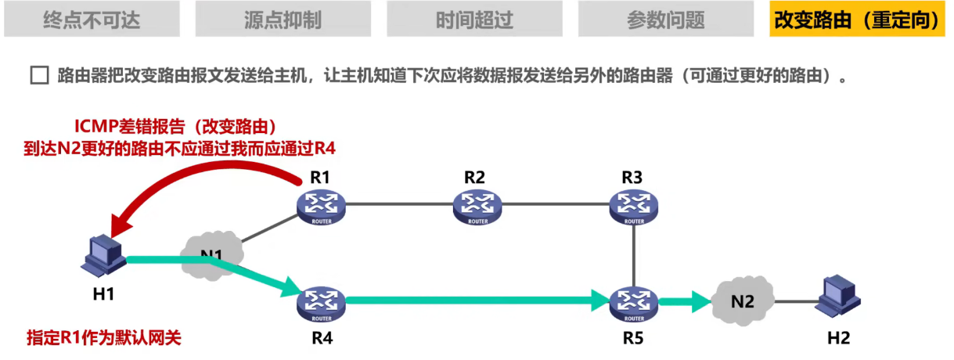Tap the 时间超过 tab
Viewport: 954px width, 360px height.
[474, 19]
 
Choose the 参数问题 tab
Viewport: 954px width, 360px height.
[665, 19]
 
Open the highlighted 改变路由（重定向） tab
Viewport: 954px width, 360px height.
[856, 19]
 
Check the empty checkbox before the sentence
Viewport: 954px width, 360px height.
[39, 77]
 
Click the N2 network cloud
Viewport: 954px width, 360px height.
[743, 300]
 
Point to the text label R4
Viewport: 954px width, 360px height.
[322, 338]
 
